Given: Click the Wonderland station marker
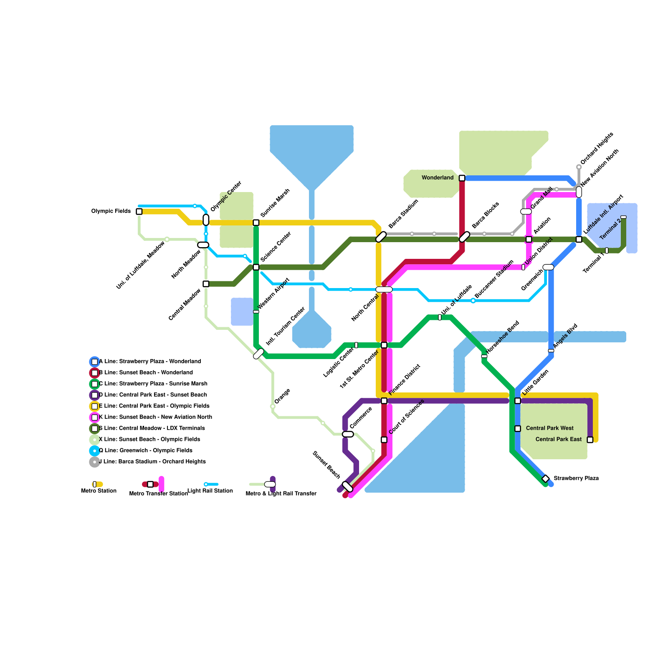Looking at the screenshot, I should (462, 178).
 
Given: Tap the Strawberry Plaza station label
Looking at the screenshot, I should (576, 478).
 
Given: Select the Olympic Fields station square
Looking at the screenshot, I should (139, 211).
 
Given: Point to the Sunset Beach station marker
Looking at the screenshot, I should (347, 486).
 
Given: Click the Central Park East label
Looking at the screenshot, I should (558, 439).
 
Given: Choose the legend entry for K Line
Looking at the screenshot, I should (155, 417).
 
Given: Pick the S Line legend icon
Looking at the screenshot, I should (95, 428).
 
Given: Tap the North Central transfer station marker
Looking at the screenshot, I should (384, 289).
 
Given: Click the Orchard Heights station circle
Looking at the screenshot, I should (579, 167).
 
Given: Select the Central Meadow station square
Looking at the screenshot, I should (206, 284).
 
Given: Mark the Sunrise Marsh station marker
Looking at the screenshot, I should (256, 223).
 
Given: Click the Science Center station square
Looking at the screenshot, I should (256, 267).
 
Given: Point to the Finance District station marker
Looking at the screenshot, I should (384, 401).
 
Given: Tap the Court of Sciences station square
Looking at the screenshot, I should (384, 440).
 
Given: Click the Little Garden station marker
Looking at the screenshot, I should (517, 401).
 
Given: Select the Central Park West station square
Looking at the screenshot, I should (517, 428).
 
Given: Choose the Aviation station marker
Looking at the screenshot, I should (529, 239).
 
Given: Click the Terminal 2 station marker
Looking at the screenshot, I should (623, 217).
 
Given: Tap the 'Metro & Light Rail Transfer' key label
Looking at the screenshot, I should (281, 493).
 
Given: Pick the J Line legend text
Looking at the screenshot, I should (152, 462).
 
